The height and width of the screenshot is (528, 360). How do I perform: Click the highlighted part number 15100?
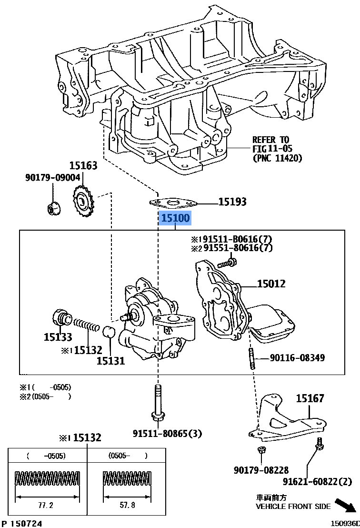pos(175,219)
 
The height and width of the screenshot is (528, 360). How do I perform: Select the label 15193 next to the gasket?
pos(232,202)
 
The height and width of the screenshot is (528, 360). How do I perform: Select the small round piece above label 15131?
pos(110,332)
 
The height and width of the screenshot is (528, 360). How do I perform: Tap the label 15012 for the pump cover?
pos(271,284)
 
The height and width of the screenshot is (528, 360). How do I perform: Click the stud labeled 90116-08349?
pos(250,357)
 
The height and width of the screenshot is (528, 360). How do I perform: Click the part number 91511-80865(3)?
pos(167,434)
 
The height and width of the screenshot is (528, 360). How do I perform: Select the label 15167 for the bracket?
pos(310,398)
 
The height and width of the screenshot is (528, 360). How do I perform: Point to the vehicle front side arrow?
pos(345,505)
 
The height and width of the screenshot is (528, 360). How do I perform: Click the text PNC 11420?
pos(277,158)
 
